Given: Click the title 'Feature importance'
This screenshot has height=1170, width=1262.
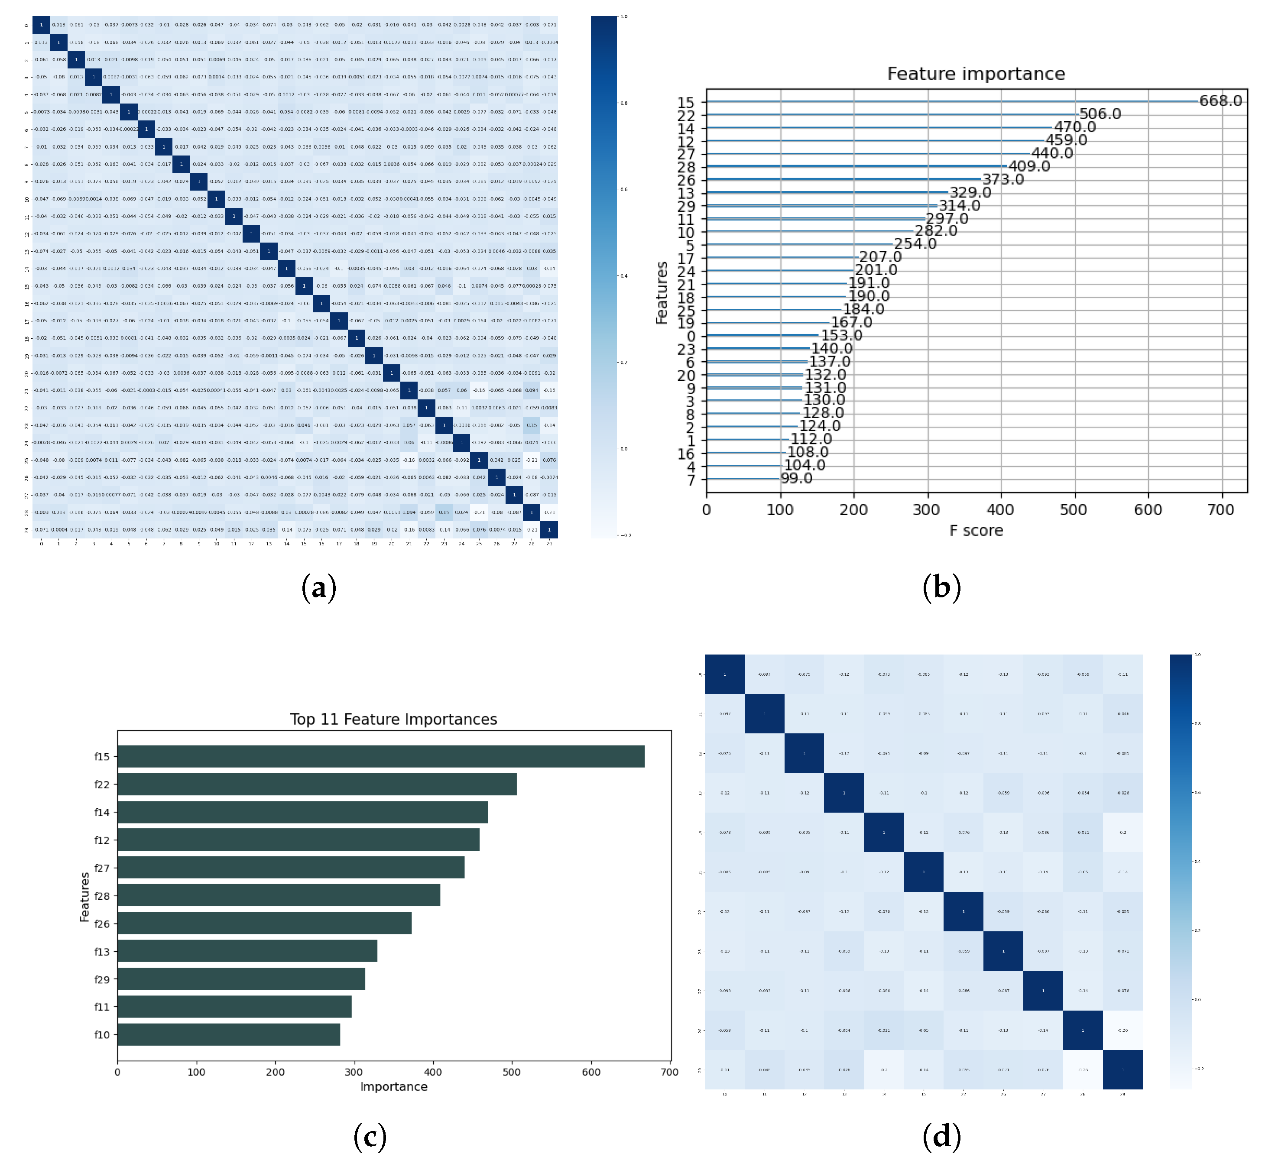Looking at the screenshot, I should [975, 74].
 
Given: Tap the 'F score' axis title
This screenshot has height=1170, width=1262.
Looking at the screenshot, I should [975, 531].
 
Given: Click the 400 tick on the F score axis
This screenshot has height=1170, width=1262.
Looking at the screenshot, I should [1000, 510].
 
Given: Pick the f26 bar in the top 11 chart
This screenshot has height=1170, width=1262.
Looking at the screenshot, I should [264, 923].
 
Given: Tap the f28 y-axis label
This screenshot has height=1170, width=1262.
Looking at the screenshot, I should [102, 896].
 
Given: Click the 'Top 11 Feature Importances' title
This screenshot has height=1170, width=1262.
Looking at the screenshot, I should [393, 719].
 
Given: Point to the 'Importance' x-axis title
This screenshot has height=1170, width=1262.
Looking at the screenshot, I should [393, 1086].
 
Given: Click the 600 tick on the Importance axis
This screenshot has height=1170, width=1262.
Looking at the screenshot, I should [591, 1072].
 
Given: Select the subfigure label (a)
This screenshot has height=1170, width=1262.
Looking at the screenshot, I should [318, 587].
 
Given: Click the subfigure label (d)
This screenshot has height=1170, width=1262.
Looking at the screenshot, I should [941, 1137].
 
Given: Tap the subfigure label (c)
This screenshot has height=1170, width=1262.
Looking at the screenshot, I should [370, 1137].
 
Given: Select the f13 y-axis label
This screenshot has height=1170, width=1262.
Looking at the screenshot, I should [102, 952].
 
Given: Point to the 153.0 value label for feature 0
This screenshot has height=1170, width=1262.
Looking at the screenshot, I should [841, 336].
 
